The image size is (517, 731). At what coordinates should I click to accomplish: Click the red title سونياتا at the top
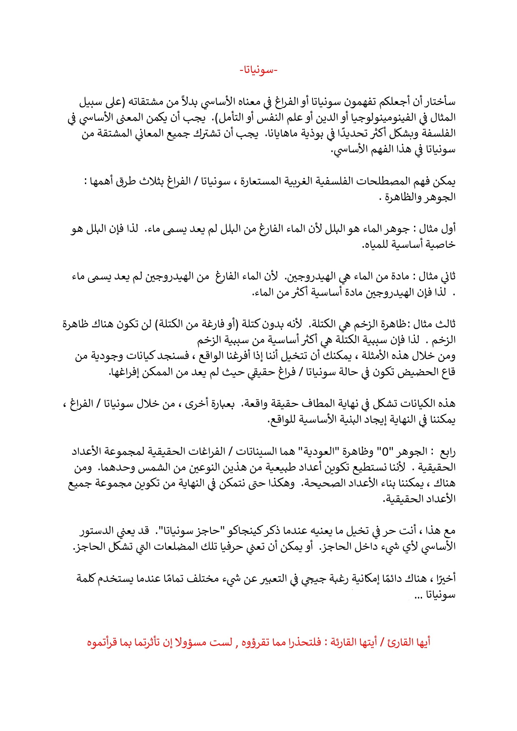tap(259, 70)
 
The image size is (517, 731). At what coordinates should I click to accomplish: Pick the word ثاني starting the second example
tap(447, 277)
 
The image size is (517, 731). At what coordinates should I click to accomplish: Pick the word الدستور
tap(97, 531)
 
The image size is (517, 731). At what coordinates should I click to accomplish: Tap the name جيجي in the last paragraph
tap(319, 579)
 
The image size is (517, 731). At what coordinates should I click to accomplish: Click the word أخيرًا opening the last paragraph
tap(445, 579)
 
